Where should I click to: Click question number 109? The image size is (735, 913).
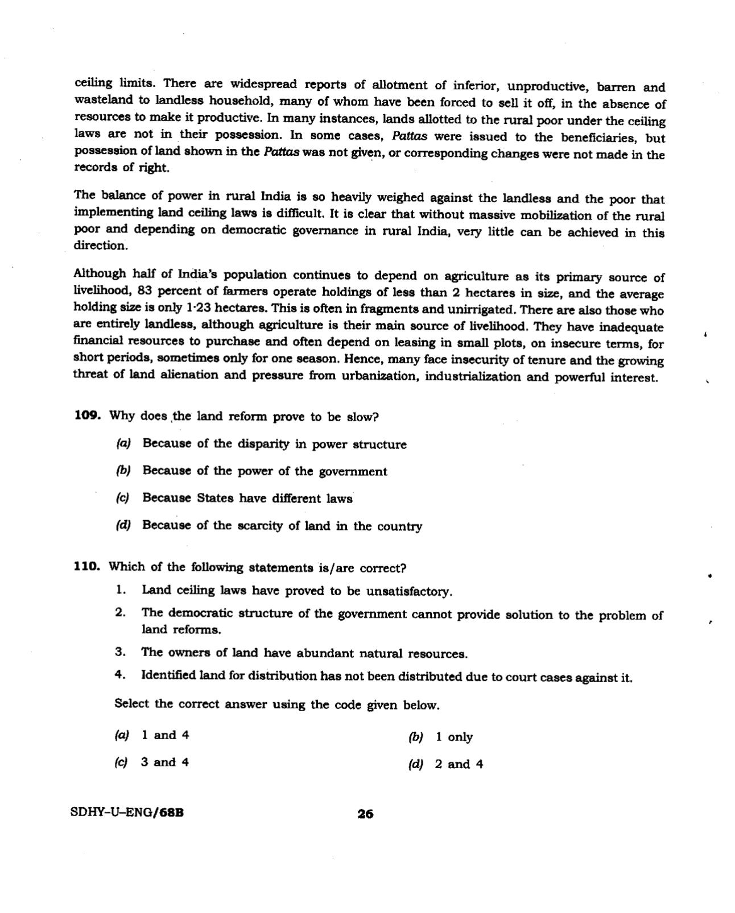coord(87,416)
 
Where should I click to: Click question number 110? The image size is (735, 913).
coord(87,566)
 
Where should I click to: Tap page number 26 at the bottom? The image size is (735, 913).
coord(365,814)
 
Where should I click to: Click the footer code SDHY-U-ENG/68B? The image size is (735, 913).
coord(127,812)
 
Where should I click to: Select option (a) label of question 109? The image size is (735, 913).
coord(123,443)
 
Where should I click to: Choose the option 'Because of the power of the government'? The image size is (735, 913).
coord(265,471)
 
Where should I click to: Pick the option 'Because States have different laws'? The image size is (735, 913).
coord(247,499)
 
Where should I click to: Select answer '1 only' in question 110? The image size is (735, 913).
coord(454,737)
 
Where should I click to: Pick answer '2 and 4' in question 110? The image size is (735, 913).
coord(459,765)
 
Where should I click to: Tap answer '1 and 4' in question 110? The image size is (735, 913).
coord(164,735)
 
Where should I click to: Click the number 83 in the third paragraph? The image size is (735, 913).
coord(146,290)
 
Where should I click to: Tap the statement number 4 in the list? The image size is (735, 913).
coord(119,675)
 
